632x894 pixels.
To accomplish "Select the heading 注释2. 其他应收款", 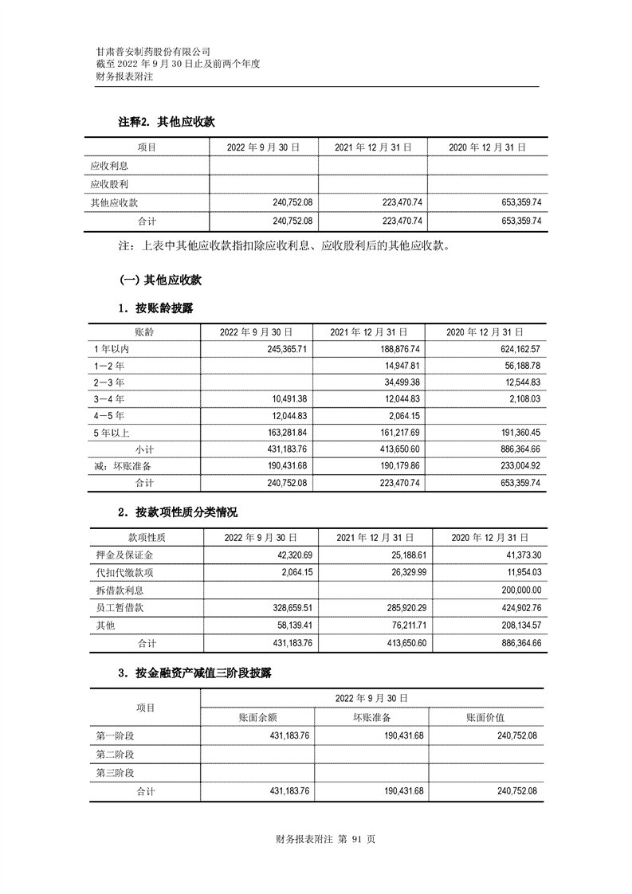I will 166,122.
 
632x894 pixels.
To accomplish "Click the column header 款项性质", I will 147,538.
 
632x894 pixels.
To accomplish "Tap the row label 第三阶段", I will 115,772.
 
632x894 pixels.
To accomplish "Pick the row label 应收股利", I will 110,184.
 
